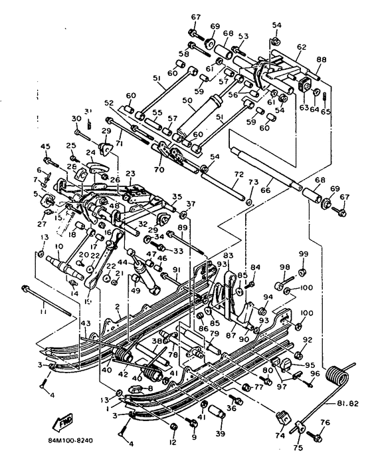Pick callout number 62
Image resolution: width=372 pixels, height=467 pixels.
[x=302, y=47]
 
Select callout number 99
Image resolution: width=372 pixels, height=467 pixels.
[x=303, y=254]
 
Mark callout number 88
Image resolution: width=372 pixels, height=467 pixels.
[x=322, y=61]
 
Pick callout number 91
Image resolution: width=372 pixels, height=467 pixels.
[x=175, y=269]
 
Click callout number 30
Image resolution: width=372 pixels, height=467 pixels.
[x=76, y=118]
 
